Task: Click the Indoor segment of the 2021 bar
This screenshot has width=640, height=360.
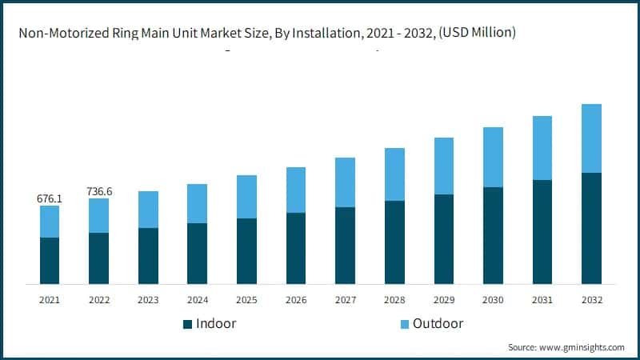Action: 50,261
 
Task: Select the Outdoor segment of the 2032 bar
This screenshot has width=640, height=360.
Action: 591,138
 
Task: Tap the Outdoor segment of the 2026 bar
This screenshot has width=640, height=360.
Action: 296,190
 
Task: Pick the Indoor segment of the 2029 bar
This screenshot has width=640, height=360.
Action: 444,239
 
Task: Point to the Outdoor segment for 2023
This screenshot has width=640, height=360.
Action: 148,210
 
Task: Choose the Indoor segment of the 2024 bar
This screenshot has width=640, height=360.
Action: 197,254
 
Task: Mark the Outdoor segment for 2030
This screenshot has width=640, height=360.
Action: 493,158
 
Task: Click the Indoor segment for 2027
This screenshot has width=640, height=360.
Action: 345,246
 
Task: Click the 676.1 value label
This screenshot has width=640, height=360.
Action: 50,198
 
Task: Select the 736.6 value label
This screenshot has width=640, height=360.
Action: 99,191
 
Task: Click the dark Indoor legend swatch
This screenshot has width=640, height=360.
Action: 188,324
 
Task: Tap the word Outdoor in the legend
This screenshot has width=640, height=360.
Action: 439,324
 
